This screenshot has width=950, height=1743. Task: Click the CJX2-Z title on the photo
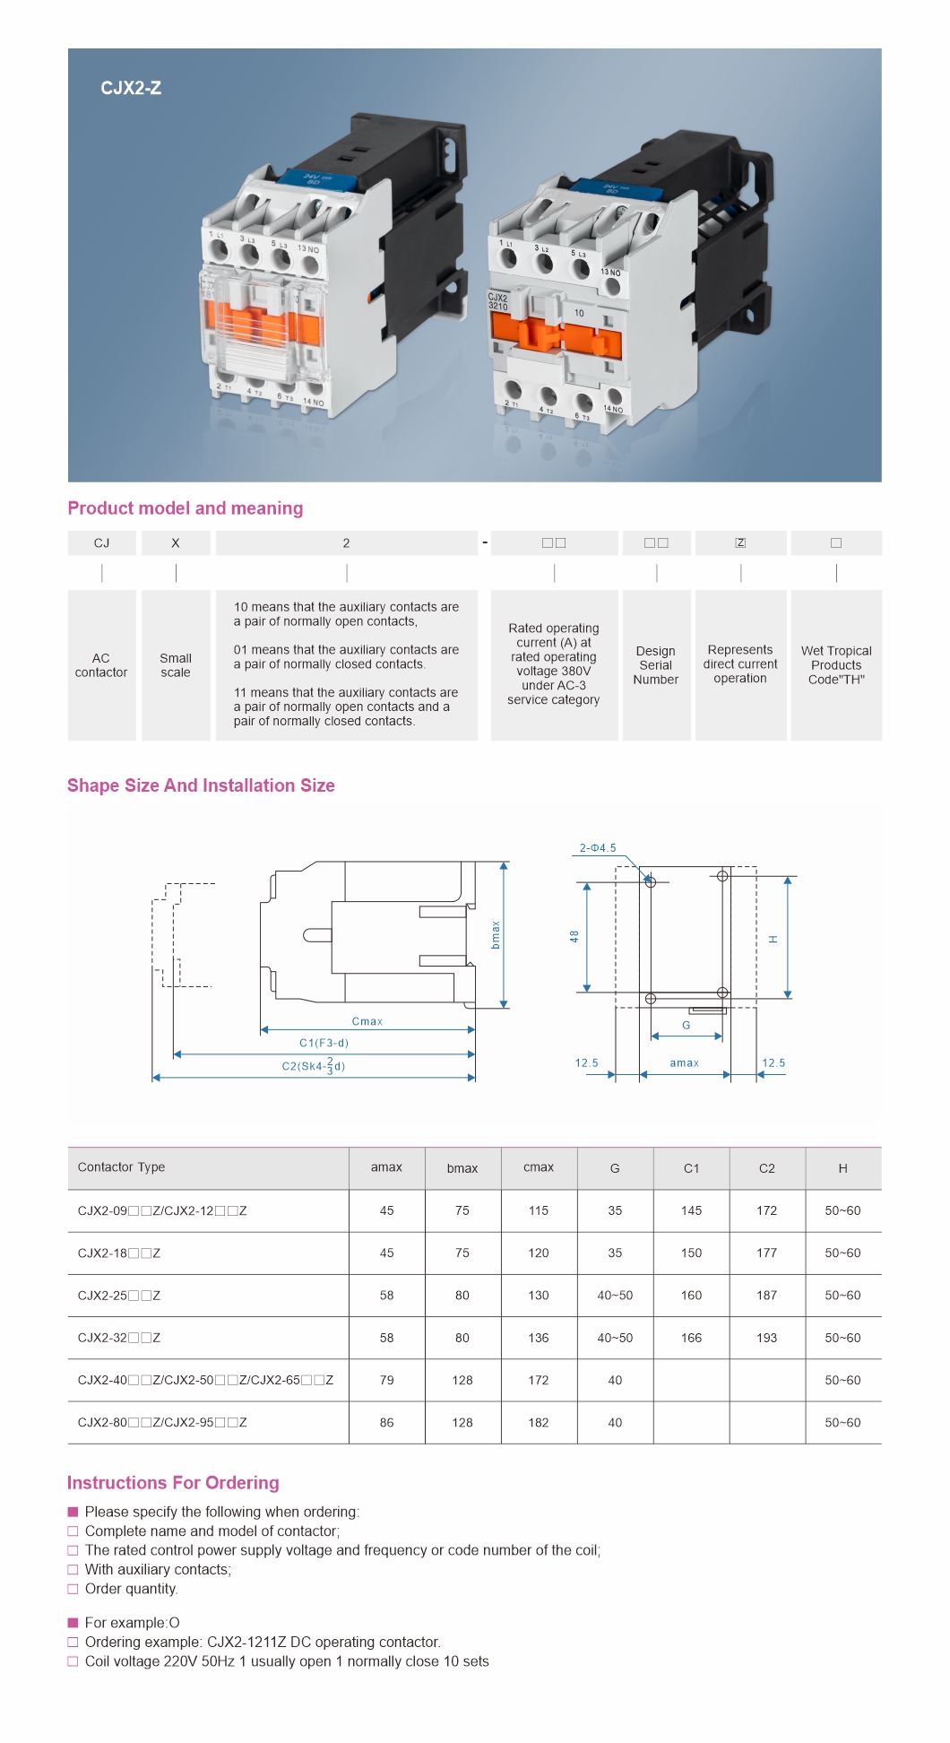131,88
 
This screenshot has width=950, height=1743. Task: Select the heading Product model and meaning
186,508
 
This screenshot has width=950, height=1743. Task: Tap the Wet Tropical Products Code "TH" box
836,665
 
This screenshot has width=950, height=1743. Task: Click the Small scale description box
176,665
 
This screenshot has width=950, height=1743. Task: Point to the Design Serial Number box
656,665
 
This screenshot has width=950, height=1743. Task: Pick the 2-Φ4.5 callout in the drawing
598,847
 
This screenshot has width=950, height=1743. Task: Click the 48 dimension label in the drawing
574,936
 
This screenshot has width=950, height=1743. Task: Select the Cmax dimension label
367,1021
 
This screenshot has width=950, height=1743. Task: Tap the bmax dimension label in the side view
496,935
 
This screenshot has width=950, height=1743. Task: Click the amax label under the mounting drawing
685,1063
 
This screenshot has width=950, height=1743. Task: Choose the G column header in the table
615,1168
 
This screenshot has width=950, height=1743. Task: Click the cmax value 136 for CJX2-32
539,1338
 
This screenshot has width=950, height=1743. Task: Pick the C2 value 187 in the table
767,1296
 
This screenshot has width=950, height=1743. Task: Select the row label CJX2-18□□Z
119,1253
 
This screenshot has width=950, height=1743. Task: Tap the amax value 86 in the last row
387,1423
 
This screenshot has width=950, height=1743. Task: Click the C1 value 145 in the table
691,1210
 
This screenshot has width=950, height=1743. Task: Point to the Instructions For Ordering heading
173,1483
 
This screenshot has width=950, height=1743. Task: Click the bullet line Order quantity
132,1589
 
